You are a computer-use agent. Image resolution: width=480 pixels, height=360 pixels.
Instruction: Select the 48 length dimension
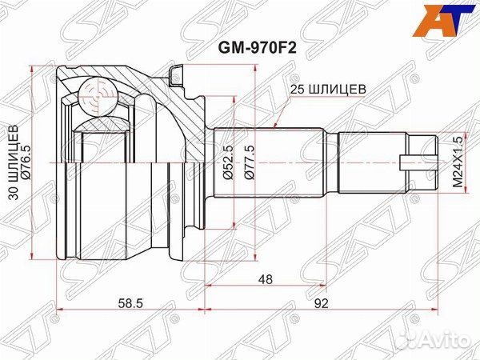tap(264, 281)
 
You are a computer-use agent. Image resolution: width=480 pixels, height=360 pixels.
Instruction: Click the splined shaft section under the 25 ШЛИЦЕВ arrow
tap(272, 160)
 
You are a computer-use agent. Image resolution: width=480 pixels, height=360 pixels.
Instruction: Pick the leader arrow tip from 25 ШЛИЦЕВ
tap(274, 127)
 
